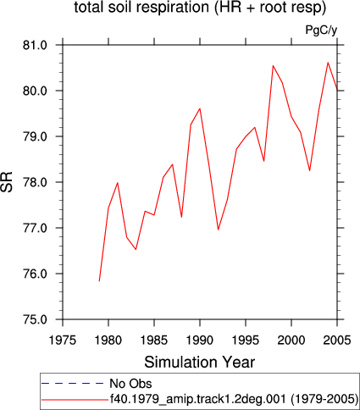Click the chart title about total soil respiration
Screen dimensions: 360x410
tap(200, 8)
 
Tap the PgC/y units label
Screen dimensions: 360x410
tap(321, 30)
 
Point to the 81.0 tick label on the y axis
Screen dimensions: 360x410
tap(35, 45)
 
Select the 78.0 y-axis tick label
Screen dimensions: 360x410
tap(35, 182)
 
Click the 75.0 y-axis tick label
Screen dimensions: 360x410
tap(35, 319)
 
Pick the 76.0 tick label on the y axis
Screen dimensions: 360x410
tap(35, 274)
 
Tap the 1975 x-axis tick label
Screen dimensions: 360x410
tap(63, 341)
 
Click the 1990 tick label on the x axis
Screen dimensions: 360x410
tap(200, 341)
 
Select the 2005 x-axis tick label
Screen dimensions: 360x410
tap(337, 341)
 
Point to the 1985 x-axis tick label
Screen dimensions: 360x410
tap(154, 341)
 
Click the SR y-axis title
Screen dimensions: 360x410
tap(7, 182)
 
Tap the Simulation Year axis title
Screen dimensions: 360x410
tap(200, 363)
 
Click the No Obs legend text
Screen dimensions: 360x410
tap(130, 384)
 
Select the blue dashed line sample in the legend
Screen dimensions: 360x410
tap(73, 384)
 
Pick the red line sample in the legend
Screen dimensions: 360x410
tap(74, 400)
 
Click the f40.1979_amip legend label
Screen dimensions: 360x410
tap(234, 399)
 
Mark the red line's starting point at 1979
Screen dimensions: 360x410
tap(99, 281)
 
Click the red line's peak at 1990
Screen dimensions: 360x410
tap(200, 108)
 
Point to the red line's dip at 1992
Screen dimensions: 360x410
tap(219, 230)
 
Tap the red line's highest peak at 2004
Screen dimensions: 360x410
tap(328, 63)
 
